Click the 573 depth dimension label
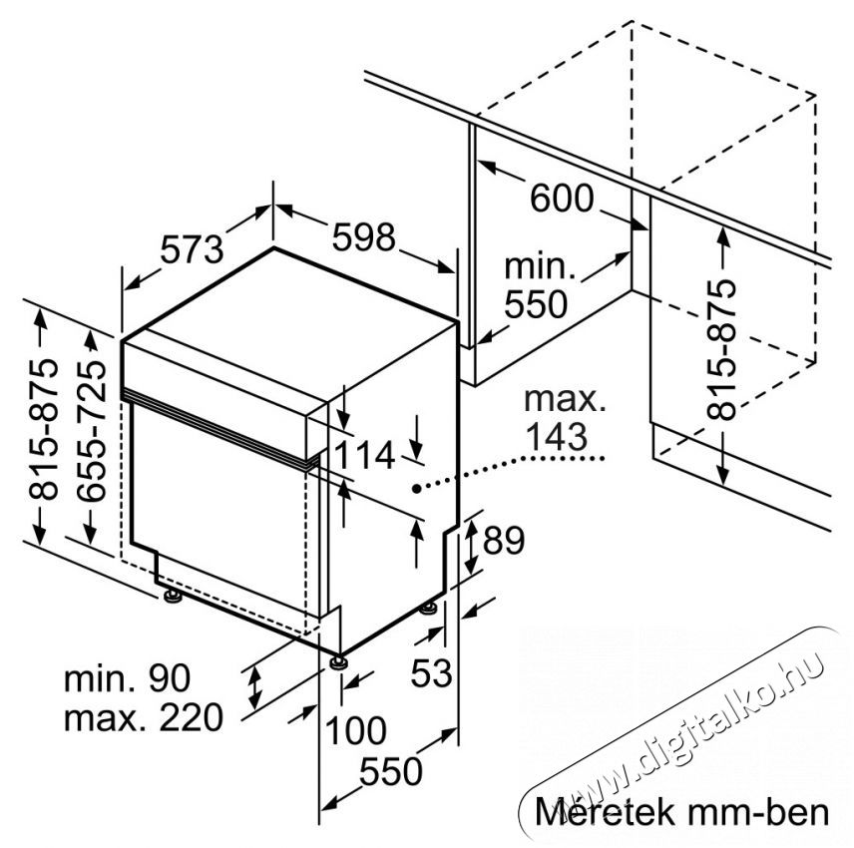coord(192,249)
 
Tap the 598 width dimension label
coord(363,236)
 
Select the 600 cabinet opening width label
coord(562,198)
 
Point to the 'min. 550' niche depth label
coord(538,285)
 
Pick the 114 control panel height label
coord(364,455)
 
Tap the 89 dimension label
coord(504,540)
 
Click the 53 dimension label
coord(431,672)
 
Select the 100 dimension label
coord(355,730)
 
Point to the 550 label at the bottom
coord(391,770)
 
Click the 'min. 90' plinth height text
coord(128,678)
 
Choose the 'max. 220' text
coord(144,717)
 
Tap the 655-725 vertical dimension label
coord(91,430)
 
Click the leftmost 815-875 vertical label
coord(43,429)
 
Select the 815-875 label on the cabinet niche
coord(721,349)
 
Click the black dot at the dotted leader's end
coord(416,489)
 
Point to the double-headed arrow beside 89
coord(472,547)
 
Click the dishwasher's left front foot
coord(174,596)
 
